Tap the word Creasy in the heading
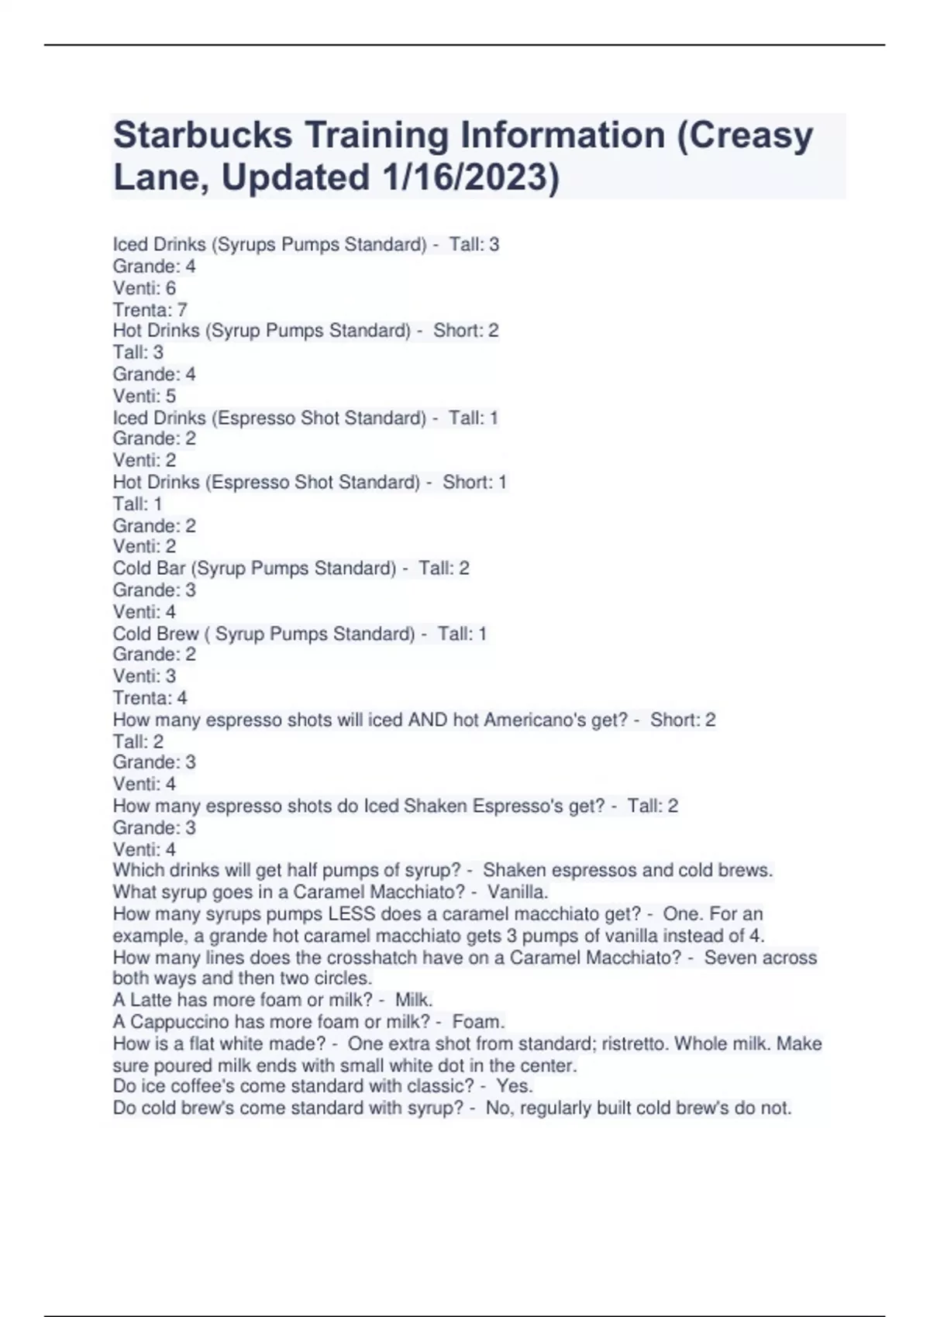click(x=752, y=135)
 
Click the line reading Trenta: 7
click(x=150, y=310)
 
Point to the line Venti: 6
click(x=145, y=288)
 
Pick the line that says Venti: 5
click(x=145, y=396)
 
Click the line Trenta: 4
click(x=150, y=698)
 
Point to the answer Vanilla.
click(x=518, y=892)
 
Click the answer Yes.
click(x=515, y=1086)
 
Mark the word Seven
click(x=729, y=958)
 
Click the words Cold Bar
click(x=149, y=569)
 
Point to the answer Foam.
click(x=478, y=1022)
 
